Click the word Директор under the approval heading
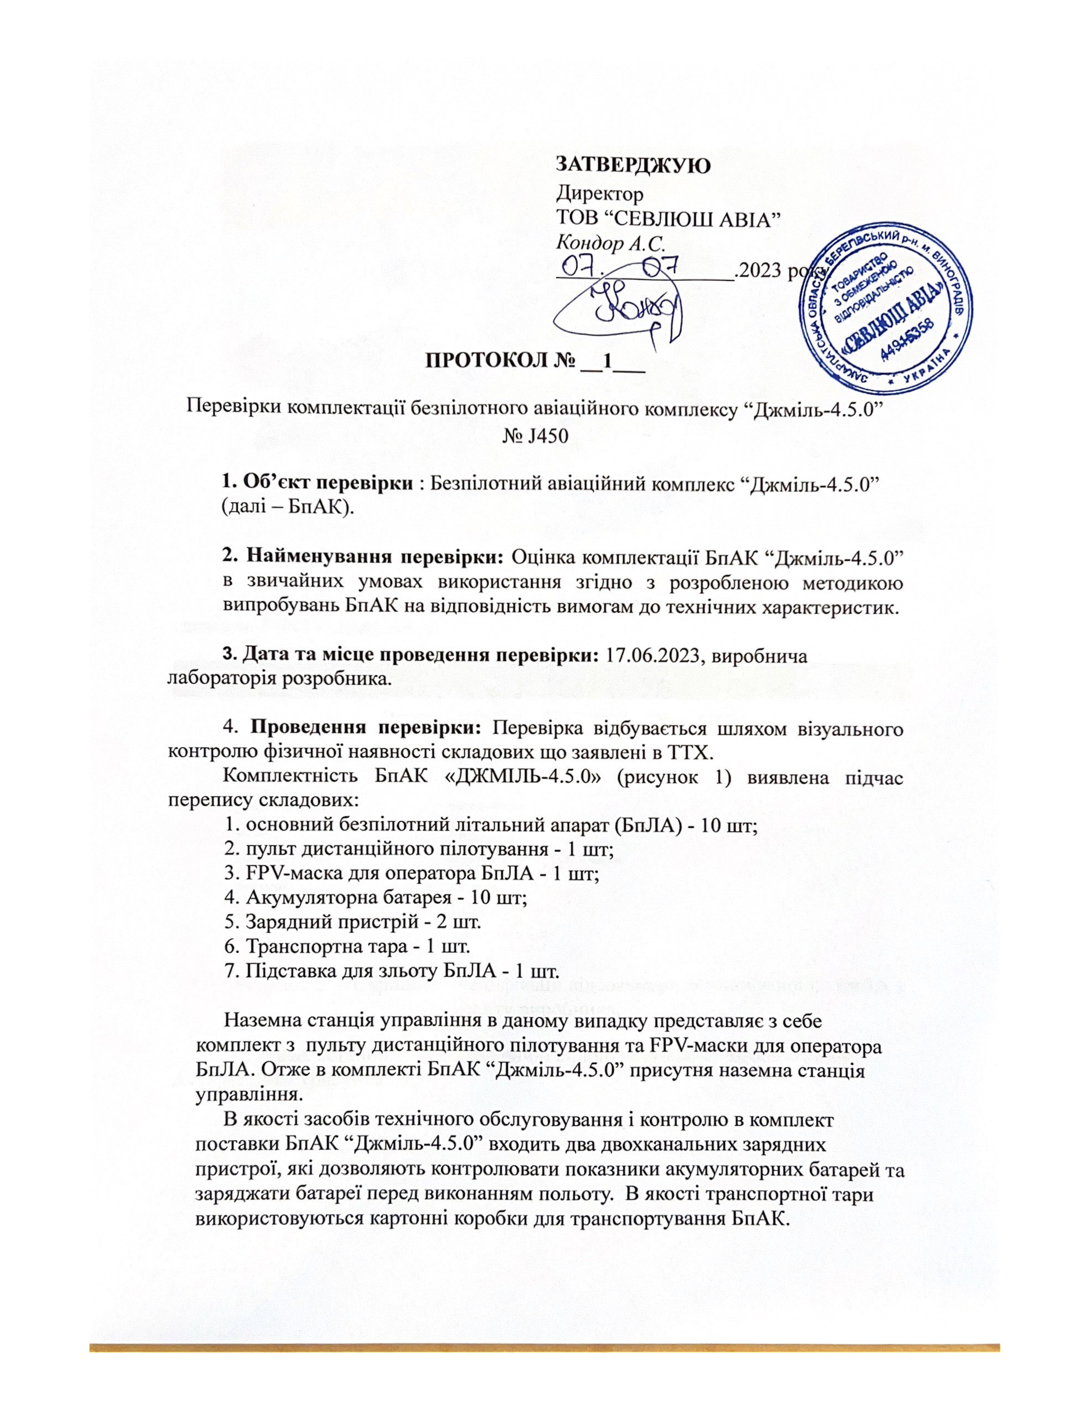click(600, 192)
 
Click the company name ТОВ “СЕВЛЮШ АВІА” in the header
click(669, 217)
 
